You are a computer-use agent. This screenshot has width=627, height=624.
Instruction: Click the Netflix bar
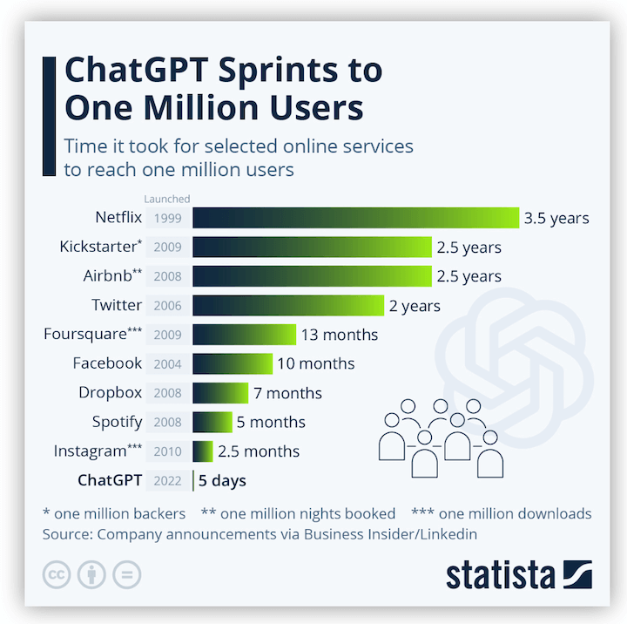coord(355,218)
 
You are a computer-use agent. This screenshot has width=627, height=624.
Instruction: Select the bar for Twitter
coord(287,305)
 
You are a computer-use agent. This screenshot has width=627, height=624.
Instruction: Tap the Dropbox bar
coord(220,393)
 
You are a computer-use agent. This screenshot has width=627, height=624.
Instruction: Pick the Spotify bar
coord(212,422)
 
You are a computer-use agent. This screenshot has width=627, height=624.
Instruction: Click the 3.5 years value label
coord(556,218)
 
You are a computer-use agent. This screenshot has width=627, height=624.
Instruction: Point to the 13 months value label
coord(340,335)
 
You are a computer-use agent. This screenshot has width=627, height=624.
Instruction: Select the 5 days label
coord(222,480)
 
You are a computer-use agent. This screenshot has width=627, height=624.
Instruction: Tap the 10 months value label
coord(316,363)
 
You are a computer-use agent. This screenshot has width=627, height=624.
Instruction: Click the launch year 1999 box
coord(167,218)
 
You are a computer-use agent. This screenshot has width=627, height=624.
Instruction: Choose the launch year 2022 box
coord(167,480)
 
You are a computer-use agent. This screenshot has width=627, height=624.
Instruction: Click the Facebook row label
coord(107,363)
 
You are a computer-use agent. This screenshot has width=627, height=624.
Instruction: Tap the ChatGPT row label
coord(110,480)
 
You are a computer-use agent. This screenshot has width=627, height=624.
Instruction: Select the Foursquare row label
coord(93,335)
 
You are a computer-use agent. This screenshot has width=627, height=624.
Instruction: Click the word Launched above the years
coord(167,200)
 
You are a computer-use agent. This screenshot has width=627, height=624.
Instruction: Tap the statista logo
coord(518,575)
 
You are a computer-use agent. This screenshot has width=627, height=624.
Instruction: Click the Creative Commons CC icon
coord(57,575)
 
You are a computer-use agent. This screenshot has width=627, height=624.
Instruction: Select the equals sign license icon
coord(125,575)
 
